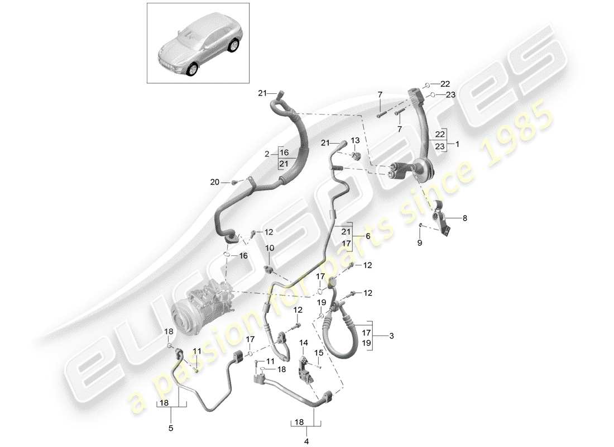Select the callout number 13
tap(355, 140)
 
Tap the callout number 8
tap(464, 218)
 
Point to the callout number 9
tap(420, 242)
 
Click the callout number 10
tap(270, 248)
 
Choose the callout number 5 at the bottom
tap(171, 429)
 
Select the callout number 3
tap(391, 336)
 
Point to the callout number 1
tap(457, 144)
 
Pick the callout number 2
tap(266, 153)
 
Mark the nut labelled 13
tap(358, 154)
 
